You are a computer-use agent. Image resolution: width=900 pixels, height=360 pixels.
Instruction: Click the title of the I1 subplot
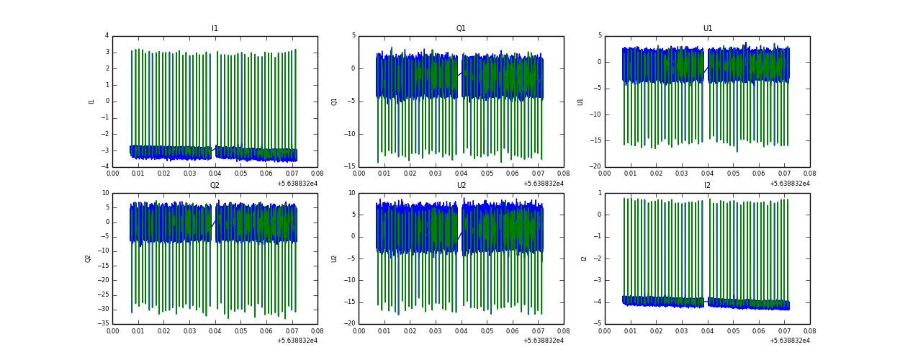coord(215,29)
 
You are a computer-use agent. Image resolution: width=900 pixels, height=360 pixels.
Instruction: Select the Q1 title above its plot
coord(461,29)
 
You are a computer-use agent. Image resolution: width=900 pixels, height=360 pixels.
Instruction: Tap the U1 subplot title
coord(707,29)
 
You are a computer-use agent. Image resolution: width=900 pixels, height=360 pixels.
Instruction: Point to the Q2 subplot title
coord(215,186)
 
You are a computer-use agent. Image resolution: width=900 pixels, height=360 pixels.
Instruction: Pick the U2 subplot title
coord(461,186)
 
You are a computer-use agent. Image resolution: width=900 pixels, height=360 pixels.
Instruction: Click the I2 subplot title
coord(707,186)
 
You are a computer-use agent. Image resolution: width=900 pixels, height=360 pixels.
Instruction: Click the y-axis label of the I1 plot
coord(91,102)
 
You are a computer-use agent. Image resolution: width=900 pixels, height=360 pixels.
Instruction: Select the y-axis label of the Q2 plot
coord(88,258)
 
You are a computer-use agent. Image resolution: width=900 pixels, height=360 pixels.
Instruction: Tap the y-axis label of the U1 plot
coord(580,102)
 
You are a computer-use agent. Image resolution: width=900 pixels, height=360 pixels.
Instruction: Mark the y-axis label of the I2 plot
coord(584,258)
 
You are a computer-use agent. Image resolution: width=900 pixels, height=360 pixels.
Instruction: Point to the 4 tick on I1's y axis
coord(107,36)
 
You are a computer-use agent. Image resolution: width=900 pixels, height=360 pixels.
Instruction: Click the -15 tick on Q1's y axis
coord(350,167)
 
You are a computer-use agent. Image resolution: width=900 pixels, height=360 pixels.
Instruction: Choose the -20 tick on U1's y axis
coord(596,167)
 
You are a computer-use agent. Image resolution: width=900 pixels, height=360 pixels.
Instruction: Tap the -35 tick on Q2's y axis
coord(103,324)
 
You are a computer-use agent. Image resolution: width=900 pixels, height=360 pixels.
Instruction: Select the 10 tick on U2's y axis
coord(351,193)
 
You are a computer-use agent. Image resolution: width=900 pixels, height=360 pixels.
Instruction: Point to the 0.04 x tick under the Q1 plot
coord(461,174)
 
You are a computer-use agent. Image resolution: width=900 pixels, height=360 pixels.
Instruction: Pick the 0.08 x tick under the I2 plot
coord(809,330)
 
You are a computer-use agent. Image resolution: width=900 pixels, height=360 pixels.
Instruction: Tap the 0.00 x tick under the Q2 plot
coord(113,330)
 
